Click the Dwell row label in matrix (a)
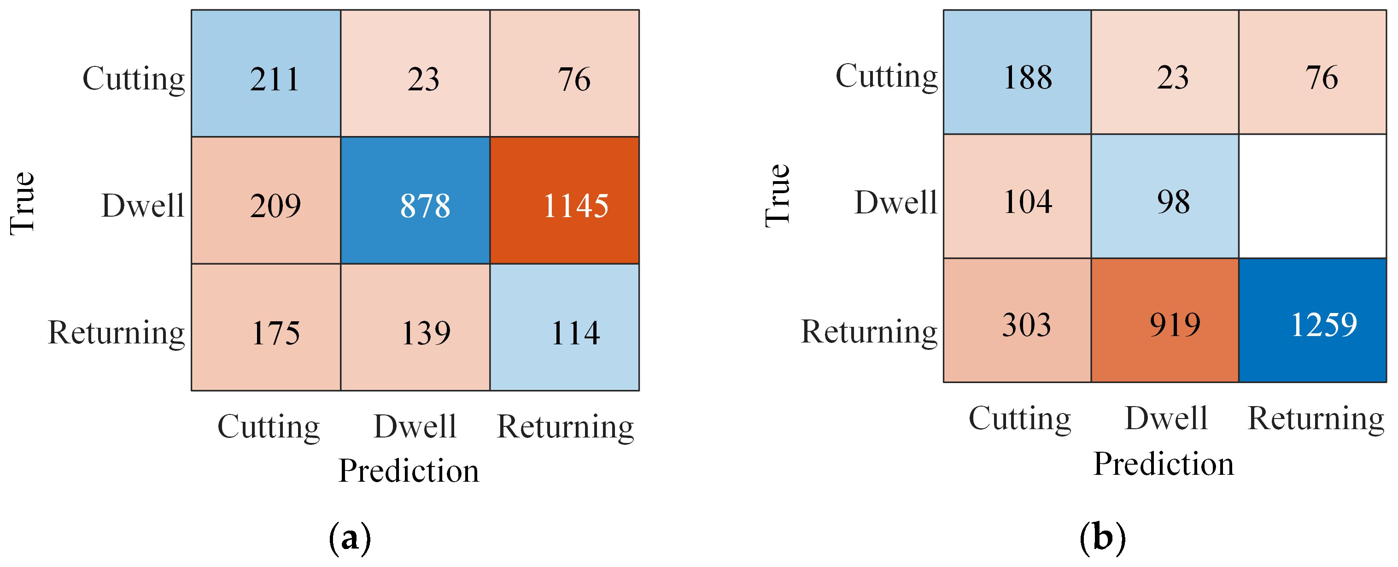click(143, 205)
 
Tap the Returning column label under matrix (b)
click(1316, 419)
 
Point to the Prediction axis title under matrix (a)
click(409, 470)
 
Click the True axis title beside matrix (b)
click(778, 195)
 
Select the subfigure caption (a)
click(350, 537)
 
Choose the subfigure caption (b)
click(1103, 537)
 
